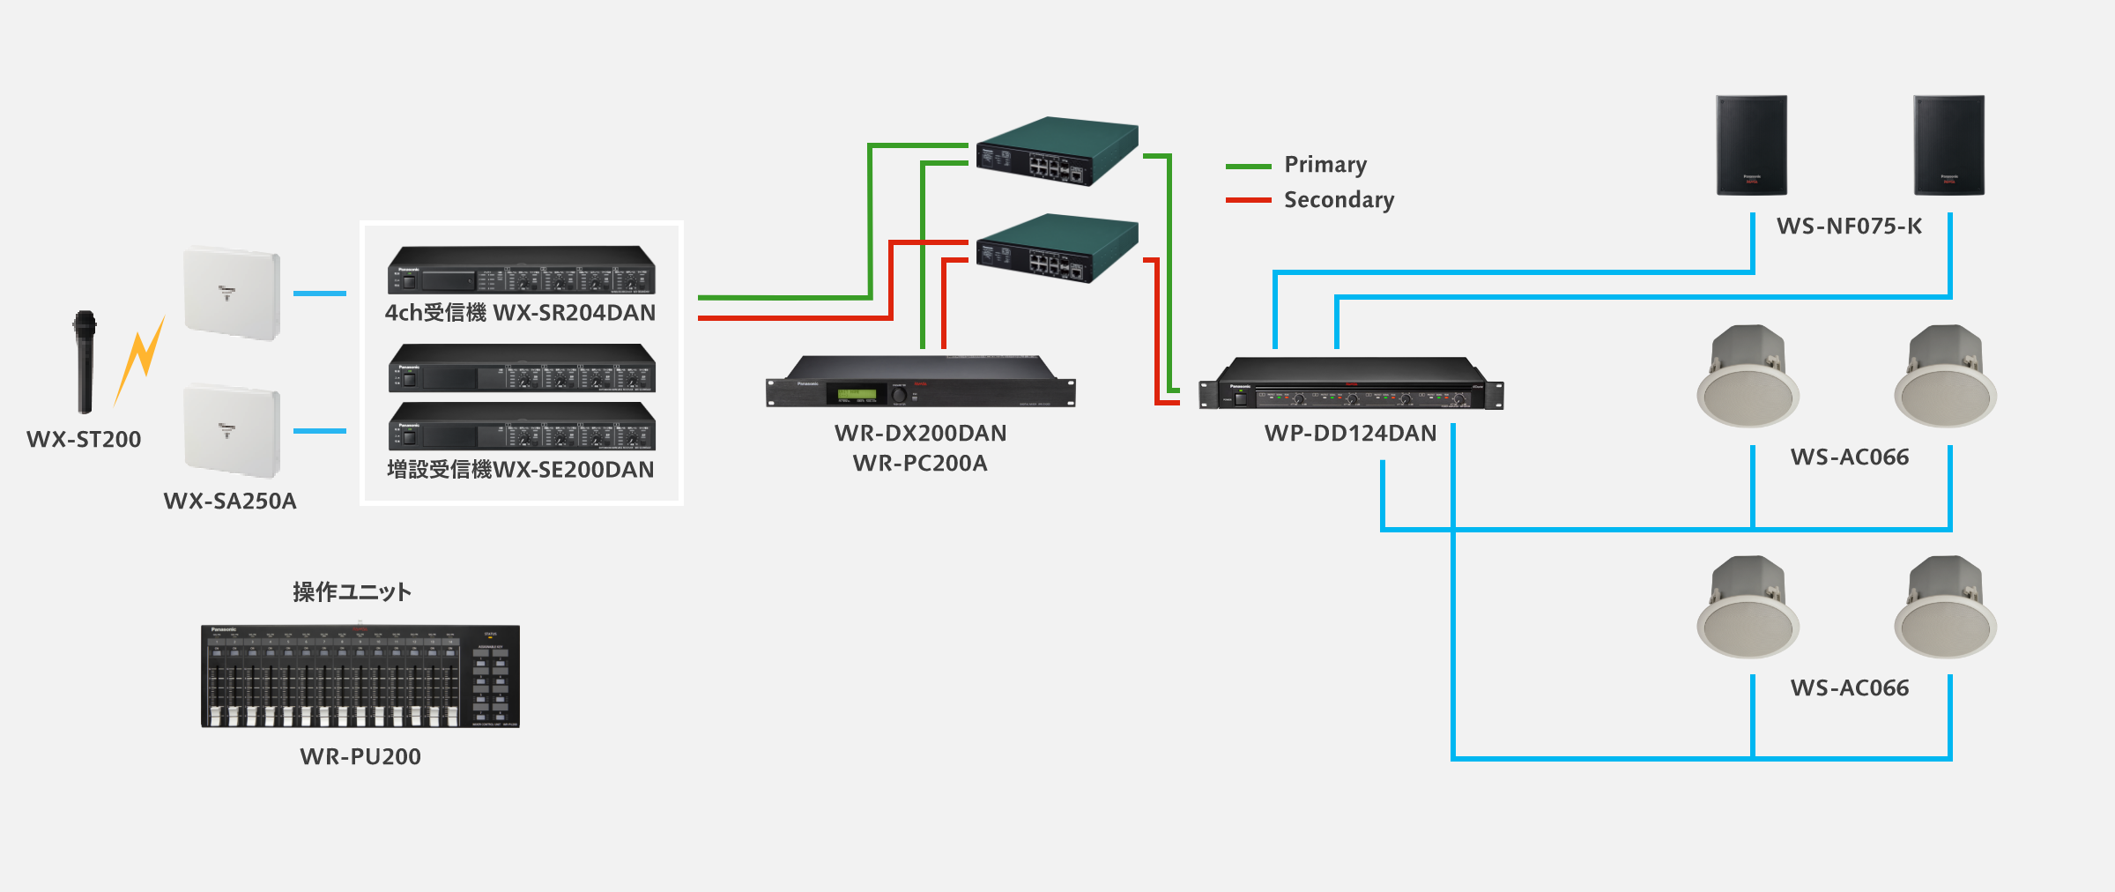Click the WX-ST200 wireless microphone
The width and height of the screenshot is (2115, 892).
pos(85,361)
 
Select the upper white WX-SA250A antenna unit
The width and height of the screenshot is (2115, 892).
pos(232,293)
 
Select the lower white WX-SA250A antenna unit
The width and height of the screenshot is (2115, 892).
pos(232,430)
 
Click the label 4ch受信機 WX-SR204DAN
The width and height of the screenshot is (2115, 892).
pos(520,313)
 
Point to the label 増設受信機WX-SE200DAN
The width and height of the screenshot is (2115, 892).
pos(520,470)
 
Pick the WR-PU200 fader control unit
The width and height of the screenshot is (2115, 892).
pos(360,676)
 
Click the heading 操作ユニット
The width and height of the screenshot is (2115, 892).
pos(352,591)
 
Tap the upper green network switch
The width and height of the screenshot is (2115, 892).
pos(1057,151)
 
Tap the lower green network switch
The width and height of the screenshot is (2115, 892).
pos(1057,248)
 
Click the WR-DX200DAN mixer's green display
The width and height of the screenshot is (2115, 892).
pos(856,394)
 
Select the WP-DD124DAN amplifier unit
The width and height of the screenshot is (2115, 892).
pos(1351,384)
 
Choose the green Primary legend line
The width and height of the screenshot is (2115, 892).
pos(1248,166)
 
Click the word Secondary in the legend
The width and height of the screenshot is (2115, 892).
pos(1339,200)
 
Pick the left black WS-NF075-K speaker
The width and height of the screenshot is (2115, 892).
pos(1751,145)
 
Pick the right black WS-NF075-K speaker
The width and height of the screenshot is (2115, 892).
pos(1948,145)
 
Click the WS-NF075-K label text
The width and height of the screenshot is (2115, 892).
pos(1849,227)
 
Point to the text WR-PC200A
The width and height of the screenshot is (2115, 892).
pos(920,464)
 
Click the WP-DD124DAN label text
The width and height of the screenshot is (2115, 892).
pos(1350,434)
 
